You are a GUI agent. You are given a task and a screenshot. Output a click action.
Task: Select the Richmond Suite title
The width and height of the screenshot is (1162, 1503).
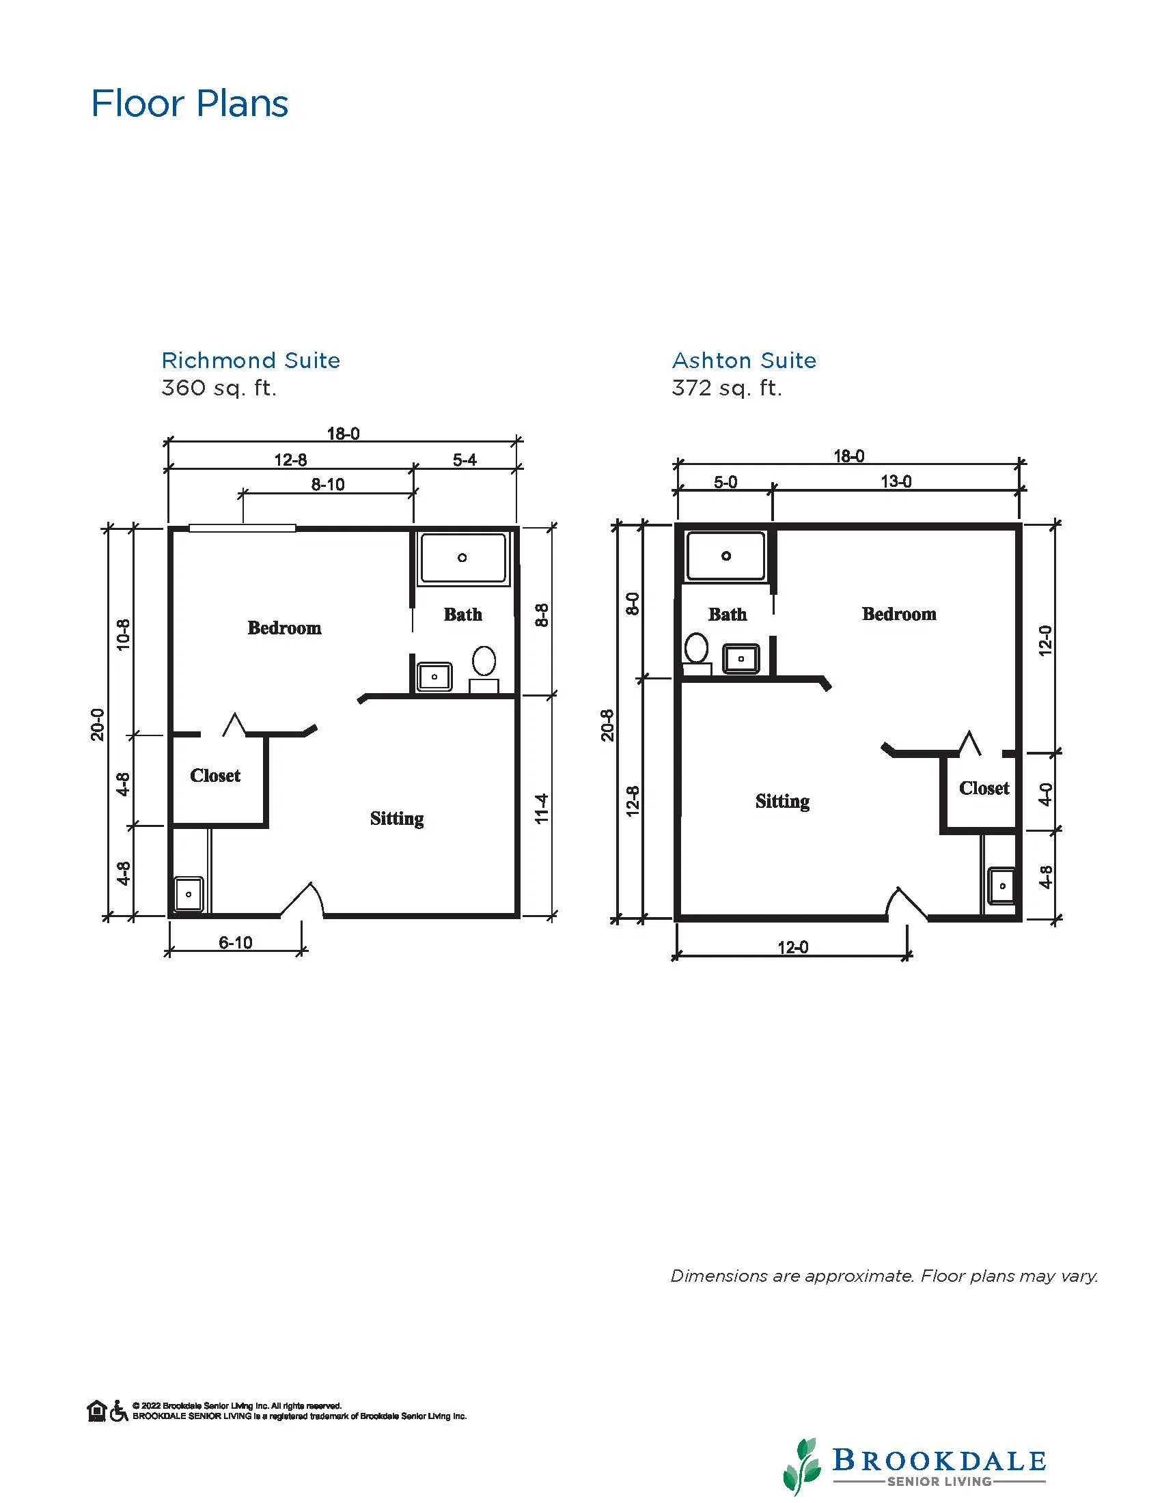pos(251,360)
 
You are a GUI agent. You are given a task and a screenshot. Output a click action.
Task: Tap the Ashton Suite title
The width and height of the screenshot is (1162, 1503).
pos(744,360)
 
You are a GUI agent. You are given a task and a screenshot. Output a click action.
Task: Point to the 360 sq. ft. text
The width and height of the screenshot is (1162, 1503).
pos(219,388)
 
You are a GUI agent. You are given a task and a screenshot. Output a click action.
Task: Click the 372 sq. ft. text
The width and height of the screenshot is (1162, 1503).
pos(727,388)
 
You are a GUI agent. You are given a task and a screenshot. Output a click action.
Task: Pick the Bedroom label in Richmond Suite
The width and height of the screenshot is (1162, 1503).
pos(284,628)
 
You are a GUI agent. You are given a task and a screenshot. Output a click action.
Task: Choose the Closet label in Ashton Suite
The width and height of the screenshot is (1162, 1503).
pos(984,788)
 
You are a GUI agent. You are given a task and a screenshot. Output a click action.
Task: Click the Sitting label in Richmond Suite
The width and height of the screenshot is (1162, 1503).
pos(397,818)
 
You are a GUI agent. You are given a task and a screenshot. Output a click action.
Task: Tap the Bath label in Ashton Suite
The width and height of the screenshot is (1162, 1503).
pos(728,614)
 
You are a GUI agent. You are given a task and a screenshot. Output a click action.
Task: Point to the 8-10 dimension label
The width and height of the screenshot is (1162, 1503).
pos(328,484)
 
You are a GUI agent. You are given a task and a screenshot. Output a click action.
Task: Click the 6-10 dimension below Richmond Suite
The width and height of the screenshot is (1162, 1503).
pos(236,943)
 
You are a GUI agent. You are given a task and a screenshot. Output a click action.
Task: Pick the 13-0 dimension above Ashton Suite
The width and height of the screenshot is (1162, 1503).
pos(896,481)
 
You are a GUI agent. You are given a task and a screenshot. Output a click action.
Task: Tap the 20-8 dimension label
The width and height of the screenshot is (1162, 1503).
pos(607,725)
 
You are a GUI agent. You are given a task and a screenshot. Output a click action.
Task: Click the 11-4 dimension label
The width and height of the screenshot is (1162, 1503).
pos(542,809)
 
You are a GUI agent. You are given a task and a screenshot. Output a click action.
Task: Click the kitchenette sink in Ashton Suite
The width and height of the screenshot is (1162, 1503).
pos(1002,886)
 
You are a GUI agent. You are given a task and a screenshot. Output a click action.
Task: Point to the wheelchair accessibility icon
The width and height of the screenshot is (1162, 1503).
pos(119,1411)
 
